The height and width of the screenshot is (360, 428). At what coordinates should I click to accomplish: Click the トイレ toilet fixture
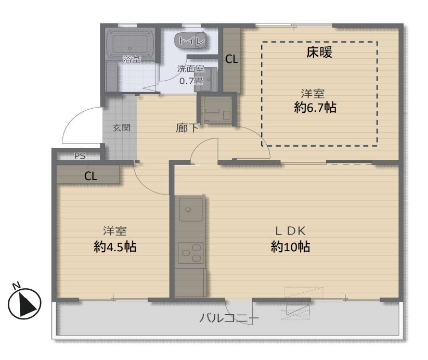click(x=190, y=41)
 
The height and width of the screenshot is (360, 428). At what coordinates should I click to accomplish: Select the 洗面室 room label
click(x=191, y=69)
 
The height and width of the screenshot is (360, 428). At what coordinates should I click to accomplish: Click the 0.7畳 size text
click(x=191, y=81)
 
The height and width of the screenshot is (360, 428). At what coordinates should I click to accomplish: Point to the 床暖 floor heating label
click(x=319, y=52)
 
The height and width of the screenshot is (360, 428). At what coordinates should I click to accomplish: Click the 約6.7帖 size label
click(x=315, y=107)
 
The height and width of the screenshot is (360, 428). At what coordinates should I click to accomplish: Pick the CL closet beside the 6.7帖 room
click(x=231, y=59)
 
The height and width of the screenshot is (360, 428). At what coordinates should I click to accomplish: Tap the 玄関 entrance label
click(x=122, y=127)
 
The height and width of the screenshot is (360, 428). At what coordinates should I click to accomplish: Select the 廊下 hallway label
click(x=187, y=128)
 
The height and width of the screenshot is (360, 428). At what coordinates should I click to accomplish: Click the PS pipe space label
click(x=80, y=156)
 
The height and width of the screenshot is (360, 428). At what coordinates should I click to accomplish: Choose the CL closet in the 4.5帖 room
click(x=90, y=175)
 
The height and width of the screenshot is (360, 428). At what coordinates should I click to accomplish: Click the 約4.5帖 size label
click(x=115, y=247)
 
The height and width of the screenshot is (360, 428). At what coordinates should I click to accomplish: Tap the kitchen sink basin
click(x=190, y=209)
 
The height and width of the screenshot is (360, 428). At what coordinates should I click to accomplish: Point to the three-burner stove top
click(x=191, y=253)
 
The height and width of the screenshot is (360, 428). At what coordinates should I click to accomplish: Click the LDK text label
click(x=290, y=231)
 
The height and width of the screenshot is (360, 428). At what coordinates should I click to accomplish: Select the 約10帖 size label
click(x=290, y=247)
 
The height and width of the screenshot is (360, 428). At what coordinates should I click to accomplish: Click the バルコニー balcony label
click(x=229, y=318)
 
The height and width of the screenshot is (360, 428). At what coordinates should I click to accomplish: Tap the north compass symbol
click(x=24, y=304)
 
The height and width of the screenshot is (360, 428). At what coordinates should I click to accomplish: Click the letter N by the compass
click(x=17, y=286)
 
